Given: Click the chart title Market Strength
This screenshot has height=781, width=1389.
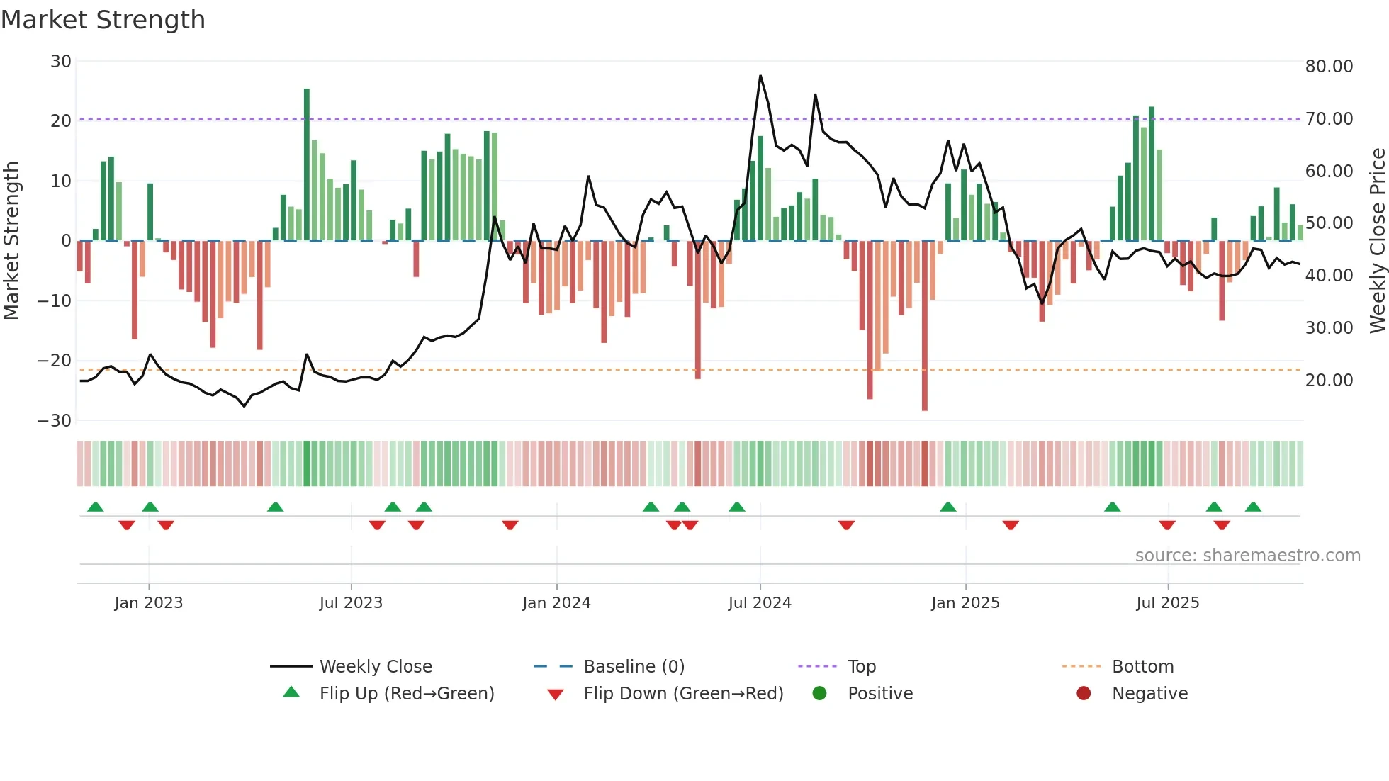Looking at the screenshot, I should click(x=103, y=20).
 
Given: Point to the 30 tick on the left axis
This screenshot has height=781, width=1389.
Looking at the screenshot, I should click(x=61, y=62).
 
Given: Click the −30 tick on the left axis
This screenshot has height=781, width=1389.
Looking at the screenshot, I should click(x=55, y=421).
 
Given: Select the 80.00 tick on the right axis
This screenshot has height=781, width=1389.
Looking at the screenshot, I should click(x=1329, y=67).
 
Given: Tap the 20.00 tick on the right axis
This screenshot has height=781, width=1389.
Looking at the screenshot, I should click(x=1329, y=381).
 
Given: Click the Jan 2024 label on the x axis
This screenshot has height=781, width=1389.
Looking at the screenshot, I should click(x=556, y=603).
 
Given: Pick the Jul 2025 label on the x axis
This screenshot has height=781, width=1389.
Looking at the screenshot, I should click(x=1167, y=603).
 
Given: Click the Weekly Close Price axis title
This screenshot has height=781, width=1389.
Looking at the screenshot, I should click(x=1377, y=241).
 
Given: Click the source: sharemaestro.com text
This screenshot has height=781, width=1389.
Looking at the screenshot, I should click(x=1247, y=556).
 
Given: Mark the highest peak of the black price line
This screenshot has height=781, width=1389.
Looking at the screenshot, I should click(x=760, y=76).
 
